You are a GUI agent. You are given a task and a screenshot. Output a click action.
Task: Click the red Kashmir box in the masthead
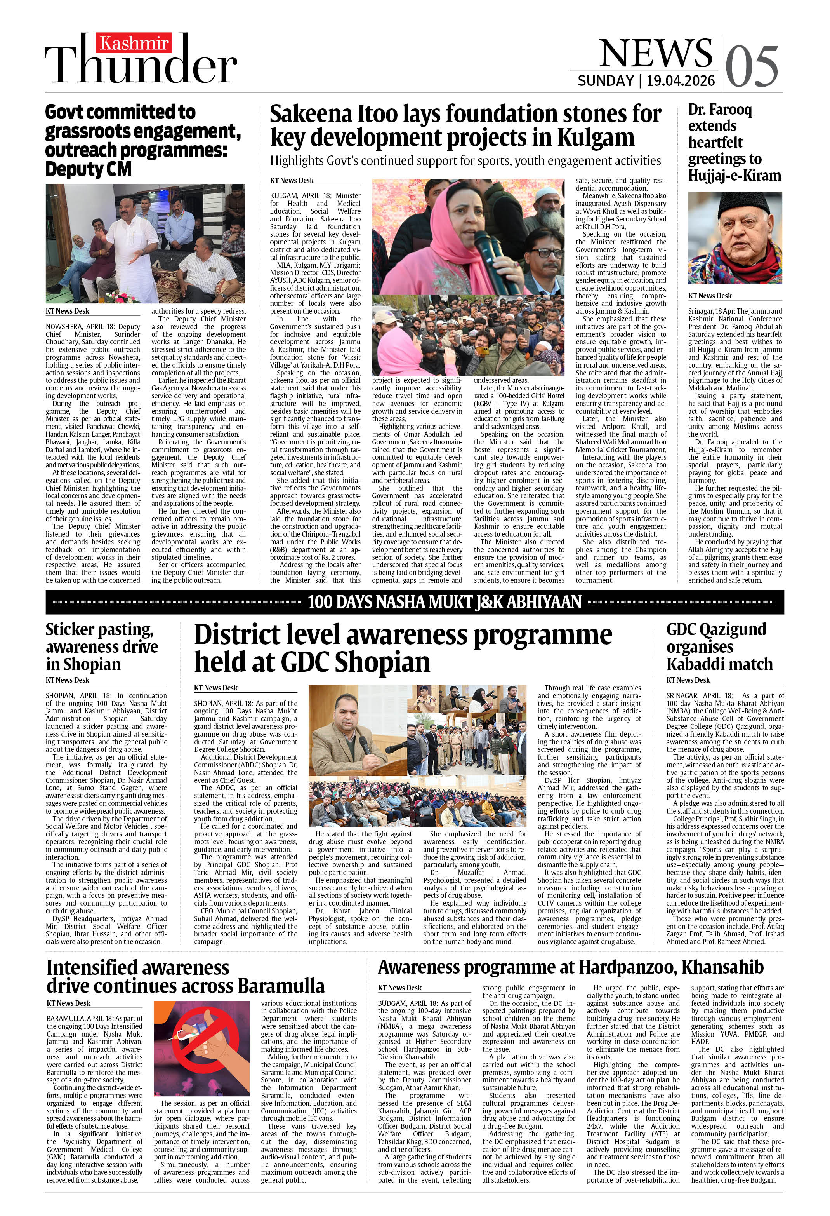[x=134, y=42]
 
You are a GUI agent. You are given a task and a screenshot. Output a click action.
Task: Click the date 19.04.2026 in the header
[x=681, y=80]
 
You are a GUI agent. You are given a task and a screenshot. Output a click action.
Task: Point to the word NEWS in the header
[x=656, y=53]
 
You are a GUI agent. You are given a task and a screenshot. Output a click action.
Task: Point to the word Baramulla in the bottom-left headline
[x=281, y=986]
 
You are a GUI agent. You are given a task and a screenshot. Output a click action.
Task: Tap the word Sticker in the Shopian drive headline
[x=72, y=629]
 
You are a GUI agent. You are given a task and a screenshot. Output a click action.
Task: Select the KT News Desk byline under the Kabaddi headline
[x=688, y=680]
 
